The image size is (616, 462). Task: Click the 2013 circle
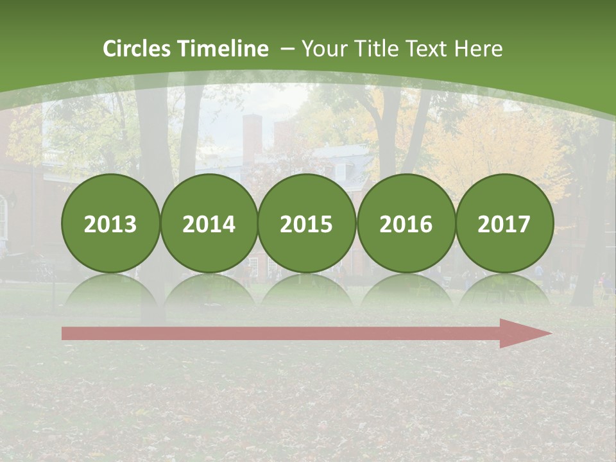pos(110,223)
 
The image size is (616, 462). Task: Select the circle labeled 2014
pos(209,223)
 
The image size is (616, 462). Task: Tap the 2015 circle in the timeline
pos(307,223)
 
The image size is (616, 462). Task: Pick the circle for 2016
pos(406,223)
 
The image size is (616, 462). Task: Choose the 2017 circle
pos(504,223)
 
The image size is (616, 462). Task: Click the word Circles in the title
pos(137,49)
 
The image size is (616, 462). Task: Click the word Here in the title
pos(478,49)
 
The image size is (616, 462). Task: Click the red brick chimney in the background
pos(252,138)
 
